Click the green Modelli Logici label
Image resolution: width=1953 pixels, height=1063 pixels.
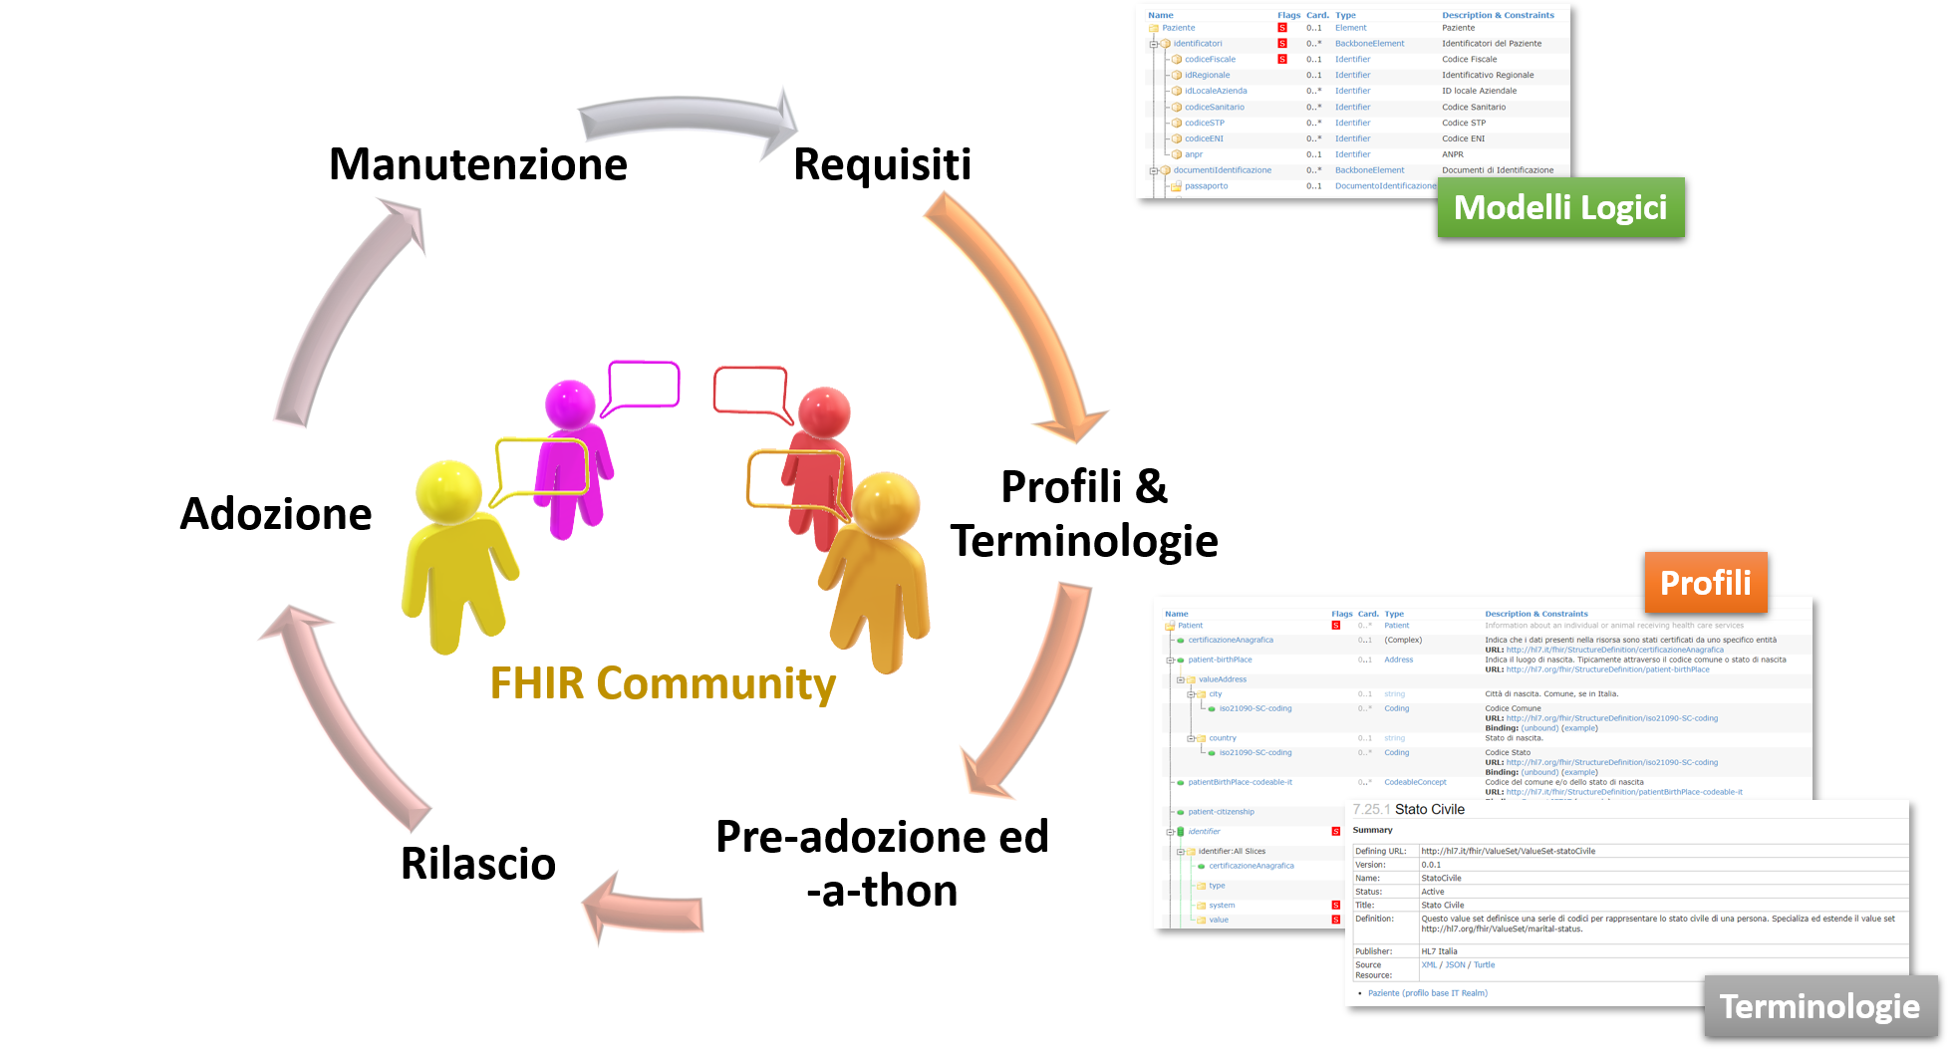click(1560, 207)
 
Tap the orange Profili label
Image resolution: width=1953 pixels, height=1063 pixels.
click(1705, 583)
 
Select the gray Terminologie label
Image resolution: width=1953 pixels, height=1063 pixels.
click(1819, 1006)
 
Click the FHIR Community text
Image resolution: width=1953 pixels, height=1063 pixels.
click(663, 684)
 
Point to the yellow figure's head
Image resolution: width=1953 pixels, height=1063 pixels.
click(448, 490)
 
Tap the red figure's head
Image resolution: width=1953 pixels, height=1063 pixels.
click(824, 412)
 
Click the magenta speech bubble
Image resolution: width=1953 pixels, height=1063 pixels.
click(644, 384)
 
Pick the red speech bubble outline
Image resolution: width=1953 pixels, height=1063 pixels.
click(749, 390)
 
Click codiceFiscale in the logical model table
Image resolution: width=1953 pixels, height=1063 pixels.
click(1210, 60)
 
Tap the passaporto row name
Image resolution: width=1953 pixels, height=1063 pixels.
click(1206, 186)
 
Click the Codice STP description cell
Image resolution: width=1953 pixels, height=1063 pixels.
click(1463, 124)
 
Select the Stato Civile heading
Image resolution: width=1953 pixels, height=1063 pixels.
click(1429, 809)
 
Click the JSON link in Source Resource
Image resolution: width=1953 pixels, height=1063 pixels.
click(1455, 965)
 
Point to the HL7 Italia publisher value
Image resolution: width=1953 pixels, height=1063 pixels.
click(1439, 951)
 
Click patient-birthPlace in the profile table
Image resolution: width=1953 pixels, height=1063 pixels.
click(1220, 660)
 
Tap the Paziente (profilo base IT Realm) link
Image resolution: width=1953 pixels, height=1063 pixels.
click(1427, 993)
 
